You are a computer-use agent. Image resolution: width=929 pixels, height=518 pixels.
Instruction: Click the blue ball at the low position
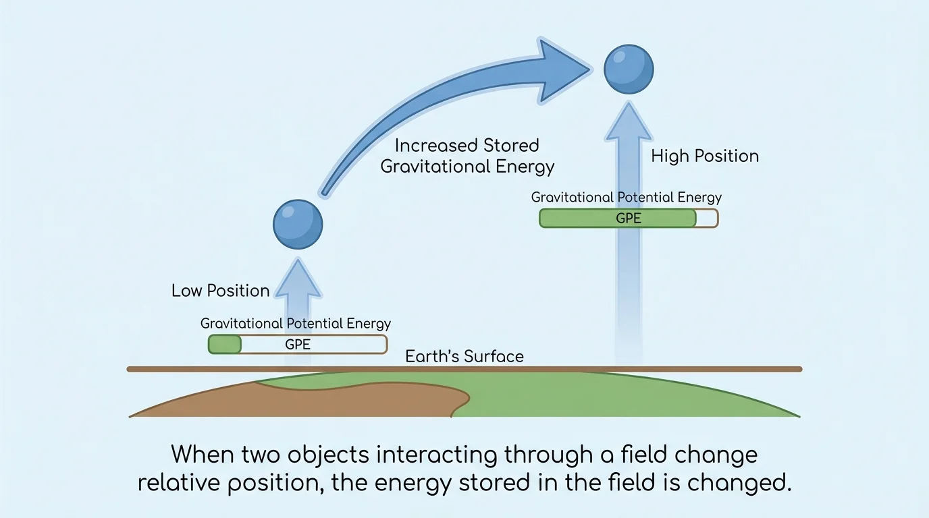[298, 225]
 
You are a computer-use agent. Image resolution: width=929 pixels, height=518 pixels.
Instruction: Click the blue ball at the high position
[629, 69]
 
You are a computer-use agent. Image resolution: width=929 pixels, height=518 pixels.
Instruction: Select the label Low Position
[220, 291]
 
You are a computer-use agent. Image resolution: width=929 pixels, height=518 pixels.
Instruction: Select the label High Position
[705, 156]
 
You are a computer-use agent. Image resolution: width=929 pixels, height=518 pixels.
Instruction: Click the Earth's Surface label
[464, 356]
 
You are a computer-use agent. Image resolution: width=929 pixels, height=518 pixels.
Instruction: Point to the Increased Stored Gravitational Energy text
[467, 156]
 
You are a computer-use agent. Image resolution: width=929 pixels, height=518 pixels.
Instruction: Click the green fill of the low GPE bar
[225, 345]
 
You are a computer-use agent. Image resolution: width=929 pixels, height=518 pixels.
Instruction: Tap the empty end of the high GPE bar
[707, 219]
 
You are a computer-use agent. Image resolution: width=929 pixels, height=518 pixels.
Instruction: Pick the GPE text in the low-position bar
[298, 345]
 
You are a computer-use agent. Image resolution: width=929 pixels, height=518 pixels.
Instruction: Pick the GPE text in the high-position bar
[628, 219]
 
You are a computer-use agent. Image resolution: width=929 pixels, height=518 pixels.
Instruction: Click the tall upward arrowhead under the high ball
[628, 121]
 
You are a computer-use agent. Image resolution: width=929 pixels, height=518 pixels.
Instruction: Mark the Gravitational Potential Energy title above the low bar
[296, 324]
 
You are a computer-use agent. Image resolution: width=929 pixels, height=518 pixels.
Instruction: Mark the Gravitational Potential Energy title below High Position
[627, 198]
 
